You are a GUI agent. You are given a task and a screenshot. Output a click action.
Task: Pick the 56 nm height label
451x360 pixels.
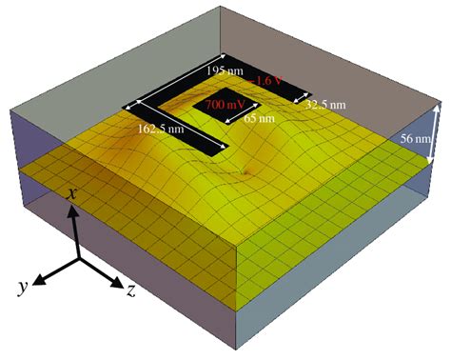[x=416, y=139]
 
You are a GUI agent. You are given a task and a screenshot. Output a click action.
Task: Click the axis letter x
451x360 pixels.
[x=72, y=193]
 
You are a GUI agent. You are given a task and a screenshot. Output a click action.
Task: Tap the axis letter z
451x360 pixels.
[x=131, y=290]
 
